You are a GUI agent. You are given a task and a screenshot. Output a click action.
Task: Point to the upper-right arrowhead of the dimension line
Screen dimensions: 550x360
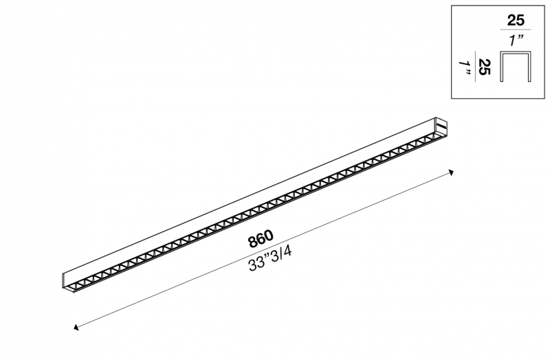[x=452, y=172]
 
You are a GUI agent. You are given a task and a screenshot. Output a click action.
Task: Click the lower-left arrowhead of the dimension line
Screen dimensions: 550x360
[x=76, y=328]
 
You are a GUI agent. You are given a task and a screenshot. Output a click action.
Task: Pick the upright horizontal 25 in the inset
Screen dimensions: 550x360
[x=516, y=21]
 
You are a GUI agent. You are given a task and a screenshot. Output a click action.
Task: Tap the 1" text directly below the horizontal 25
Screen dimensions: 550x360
[x=517, y=41]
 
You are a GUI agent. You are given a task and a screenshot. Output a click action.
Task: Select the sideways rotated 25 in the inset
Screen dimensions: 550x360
[x=485, y=67]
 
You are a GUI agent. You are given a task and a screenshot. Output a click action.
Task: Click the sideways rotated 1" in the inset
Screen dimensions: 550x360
[x=465, y=68]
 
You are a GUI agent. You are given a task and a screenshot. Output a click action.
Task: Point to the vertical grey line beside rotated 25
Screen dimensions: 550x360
[x=475, y=66]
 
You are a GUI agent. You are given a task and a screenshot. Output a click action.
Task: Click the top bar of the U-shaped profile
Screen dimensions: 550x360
[x=516, y=53]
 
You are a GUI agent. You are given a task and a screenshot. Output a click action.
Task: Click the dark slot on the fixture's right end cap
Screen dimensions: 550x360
[x=441, y=125]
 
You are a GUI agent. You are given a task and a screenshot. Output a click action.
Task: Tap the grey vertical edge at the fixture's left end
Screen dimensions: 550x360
[x=63, y=280]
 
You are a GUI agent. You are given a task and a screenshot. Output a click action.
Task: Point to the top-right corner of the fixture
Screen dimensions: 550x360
[x=436, y=117]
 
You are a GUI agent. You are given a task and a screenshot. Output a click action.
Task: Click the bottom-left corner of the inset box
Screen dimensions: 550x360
[x=452, y=98]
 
